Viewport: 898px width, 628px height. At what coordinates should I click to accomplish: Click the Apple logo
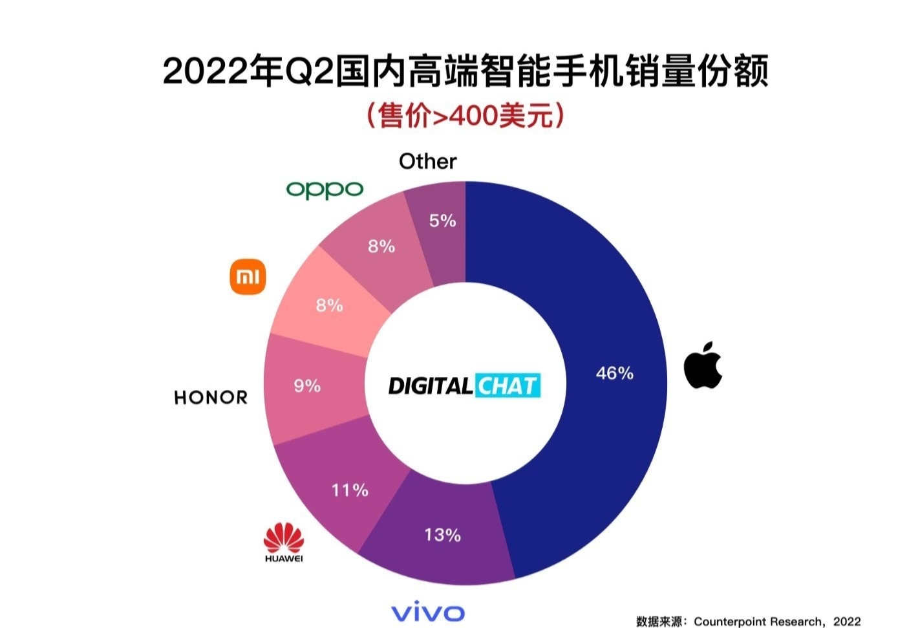[x=703, y=365]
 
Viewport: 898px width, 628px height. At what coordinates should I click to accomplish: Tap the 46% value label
[x=614, y=373]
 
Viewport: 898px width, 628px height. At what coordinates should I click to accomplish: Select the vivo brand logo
[x=427, y=612]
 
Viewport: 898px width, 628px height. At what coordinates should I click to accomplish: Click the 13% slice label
[x=442, y=535]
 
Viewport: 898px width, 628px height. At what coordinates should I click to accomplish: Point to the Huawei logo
[x=283, y=543]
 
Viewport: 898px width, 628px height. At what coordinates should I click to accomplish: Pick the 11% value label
[x=350, y=490]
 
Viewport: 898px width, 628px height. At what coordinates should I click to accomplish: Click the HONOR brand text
[x=211, y=397]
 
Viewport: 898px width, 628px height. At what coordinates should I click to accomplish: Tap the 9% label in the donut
[x=307, y=386]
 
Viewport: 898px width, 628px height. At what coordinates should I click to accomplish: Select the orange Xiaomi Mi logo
[x=248, y=277]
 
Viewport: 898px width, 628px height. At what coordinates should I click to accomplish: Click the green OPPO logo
[x=325, y=189]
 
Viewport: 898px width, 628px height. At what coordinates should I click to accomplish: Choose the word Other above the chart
[x=427, y=161]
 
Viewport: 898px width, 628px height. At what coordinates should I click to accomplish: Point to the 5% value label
[x=442, y=221]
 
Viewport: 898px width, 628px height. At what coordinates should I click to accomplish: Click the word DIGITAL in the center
[x=430, y=386]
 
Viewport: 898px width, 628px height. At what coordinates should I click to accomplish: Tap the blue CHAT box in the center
[x=508, y=386]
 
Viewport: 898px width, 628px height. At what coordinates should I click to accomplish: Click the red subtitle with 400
[x=465, y=116]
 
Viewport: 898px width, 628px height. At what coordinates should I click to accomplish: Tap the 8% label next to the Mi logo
[x=329, y=305]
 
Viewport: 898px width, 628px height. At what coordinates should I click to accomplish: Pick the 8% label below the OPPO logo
[x=381, y=246]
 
